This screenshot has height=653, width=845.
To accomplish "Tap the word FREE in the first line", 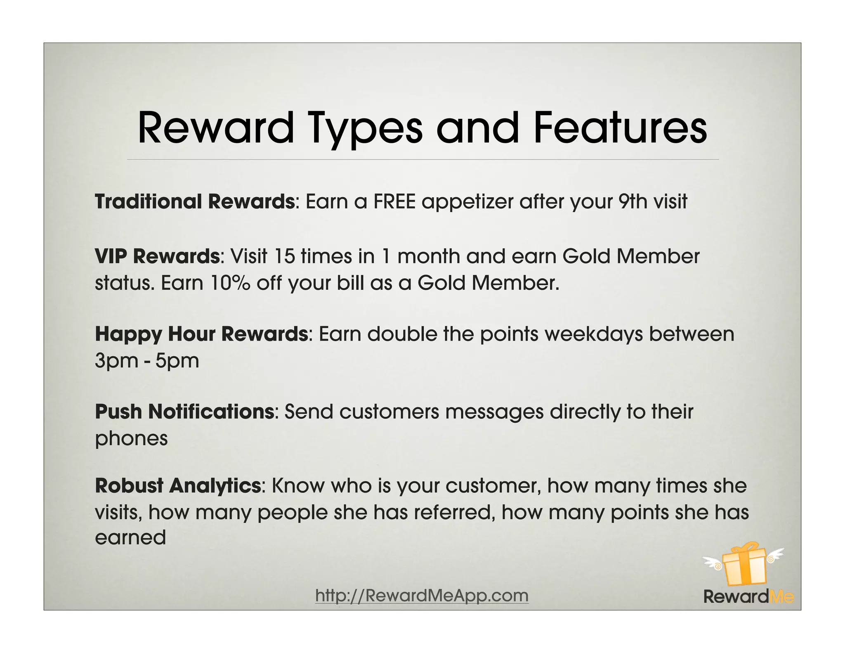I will point(394,202).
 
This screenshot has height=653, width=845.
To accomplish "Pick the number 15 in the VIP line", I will point(284,256).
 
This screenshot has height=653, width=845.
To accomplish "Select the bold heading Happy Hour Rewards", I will point(201,334).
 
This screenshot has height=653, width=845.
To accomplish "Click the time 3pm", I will point(116,361).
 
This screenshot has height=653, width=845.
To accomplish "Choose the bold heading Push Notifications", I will point(184,412).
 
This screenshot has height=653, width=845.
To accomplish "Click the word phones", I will point(131,438).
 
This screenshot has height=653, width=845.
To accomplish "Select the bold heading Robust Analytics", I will point(178,485).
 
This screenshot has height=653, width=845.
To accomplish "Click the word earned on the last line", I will point(130,538).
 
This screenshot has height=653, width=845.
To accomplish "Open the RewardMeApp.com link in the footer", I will point(422,596).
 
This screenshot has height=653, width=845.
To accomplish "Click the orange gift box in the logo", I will point(744,568).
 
